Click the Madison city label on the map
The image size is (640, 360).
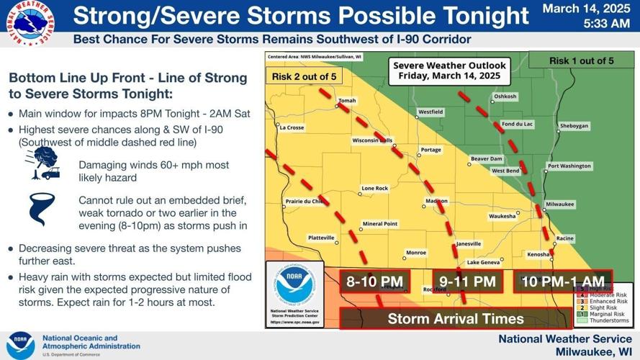pos(436,201)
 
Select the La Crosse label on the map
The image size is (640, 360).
pos(292,127)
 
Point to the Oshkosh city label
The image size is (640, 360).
pos(505,96)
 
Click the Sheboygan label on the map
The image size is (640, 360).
pos(574,125)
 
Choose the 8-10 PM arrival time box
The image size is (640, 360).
pos(374,282)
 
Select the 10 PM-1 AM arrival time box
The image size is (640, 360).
pos(562,282)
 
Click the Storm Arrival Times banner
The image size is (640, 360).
pos(456,318)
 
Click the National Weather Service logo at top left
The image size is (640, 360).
pos(29,23)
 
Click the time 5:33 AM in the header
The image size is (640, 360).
pos(585,24)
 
